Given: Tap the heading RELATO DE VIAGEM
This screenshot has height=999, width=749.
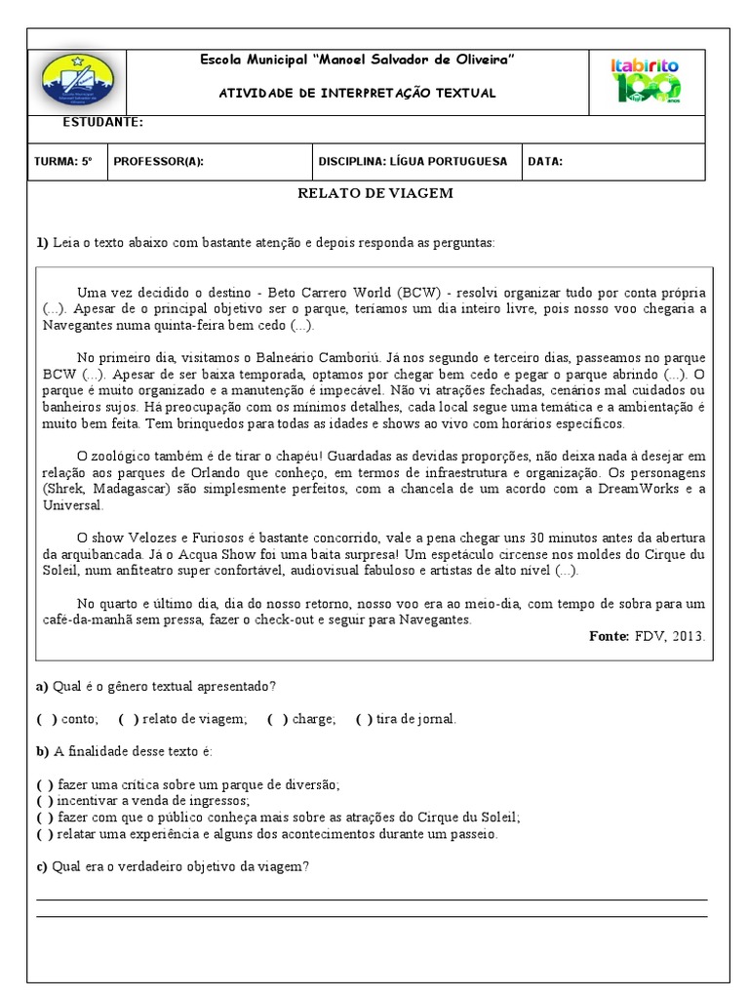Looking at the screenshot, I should click(374, 193).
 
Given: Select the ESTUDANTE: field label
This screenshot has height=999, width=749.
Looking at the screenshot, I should click(102, 123).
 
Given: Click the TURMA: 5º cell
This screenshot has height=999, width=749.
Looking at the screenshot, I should click(62, 162).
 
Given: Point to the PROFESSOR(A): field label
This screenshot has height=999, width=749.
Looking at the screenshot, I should click(159, 162).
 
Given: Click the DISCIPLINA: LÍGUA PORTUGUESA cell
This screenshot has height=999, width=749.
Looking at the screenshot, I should click(413, 162).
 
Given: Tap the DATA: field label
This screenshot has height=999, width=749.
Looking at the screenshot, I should click(545, 162).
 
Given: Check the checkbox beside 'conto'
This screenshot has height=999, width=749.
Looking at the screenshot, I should click(46, 719).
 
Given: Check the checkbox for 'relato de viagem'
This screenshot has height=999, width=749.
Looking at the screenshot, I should click(128, 719).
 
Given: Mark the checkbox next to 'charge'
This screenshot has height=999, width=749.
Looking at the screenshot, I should click(277, 719).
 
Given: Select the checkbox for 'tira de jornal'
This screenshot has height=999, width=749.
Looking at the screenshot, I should click(364, 719).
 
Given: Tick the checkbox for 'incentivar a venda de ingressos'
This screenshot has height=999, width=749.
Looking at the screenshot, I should click(46, 800).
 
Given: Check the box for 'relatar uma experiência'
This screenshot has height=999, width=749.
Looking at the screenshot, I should click(46, 834).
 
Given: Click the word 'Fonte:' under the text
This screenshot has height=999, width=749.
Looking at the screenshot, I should click(610, 636).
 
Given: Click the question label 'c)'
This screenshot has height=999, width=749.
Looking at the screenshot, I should click(42, 867).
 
